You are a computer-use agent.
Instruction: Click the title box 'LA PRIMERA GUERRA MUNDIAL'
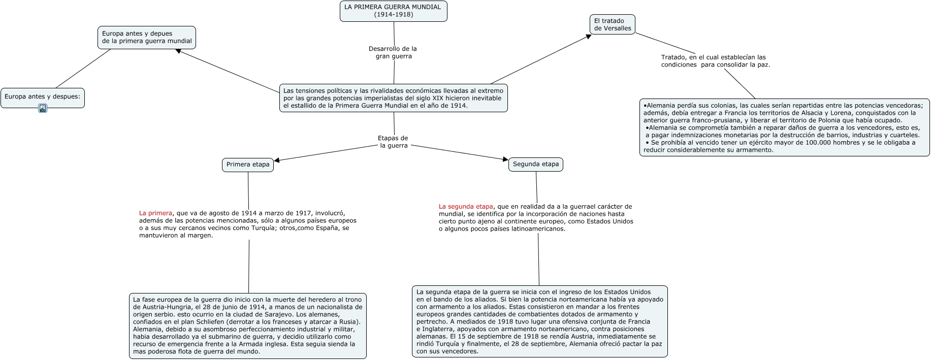point(393,11)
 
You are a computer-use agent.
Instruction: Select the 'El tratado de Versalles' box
point(613,24)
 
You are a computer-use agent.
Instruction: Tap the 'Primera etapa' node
point(248,165)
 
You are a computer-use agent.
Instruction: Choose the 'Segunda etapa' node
point(535,164)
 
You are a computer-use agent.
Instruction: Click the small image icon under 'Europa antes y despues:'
point(43,108)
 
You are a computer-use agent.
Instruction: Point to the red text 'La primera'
point(155,213)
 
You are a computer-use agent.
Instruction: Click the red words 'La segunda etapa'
point(466,207)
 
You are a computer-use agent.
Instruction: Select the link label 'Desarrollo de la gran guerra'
point(393,52)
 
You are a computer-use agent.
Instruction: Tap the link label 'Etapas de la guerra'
point(393,142)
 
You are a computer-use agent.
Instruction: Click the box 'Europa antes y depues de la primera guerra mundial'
point(147,37)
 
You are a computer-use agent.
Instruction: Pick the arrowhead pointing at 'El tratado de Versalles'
point(588,37)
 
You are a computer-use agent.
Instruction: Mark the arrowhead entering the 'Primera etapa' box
point(277,160)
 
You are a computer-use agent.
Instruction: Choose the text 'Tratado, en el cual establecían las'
point(713,57)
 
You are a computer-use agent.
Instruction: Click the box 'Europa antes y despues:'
point(42,96)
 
